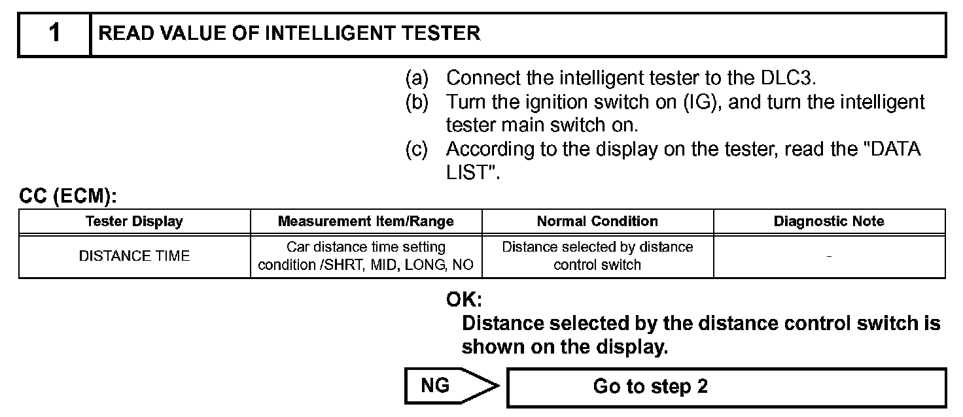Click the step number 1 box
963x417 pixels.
[x=54, y=33]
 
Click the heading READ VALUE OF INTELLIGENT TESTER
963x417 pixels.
[x=289, y=33]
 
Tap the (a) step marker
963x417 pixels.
[x=417, y=78]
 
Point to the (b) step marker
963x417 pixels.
[x=417, y=103]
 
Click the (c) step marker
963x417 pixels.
[x=417, y=150]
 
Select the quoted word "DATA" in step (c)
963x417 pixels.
[x=894, y=150]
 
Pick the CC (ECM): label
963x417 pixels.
[x=67, y=197]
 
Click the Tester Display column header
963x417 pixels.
[x=134, y=221]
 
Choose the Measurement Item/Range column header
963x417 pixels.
[x=366, y=221]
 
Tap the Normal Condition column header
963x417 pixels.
[x=597, y=221]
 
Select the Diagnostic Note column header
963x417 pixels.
[x=829, y=221]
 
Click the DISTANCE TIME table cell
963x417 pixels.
[x=134, y=256]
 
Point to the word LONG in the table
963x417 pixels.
[x=429, y=265]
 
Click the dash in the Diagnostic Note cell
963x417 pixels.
[x=829, y=256]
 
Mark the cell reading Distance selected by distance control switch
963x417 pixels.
[x=597, y=256]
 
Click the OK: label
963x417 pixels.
[x=464, y=300]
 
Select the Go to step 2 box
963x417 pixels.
[x=726, y=387]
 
